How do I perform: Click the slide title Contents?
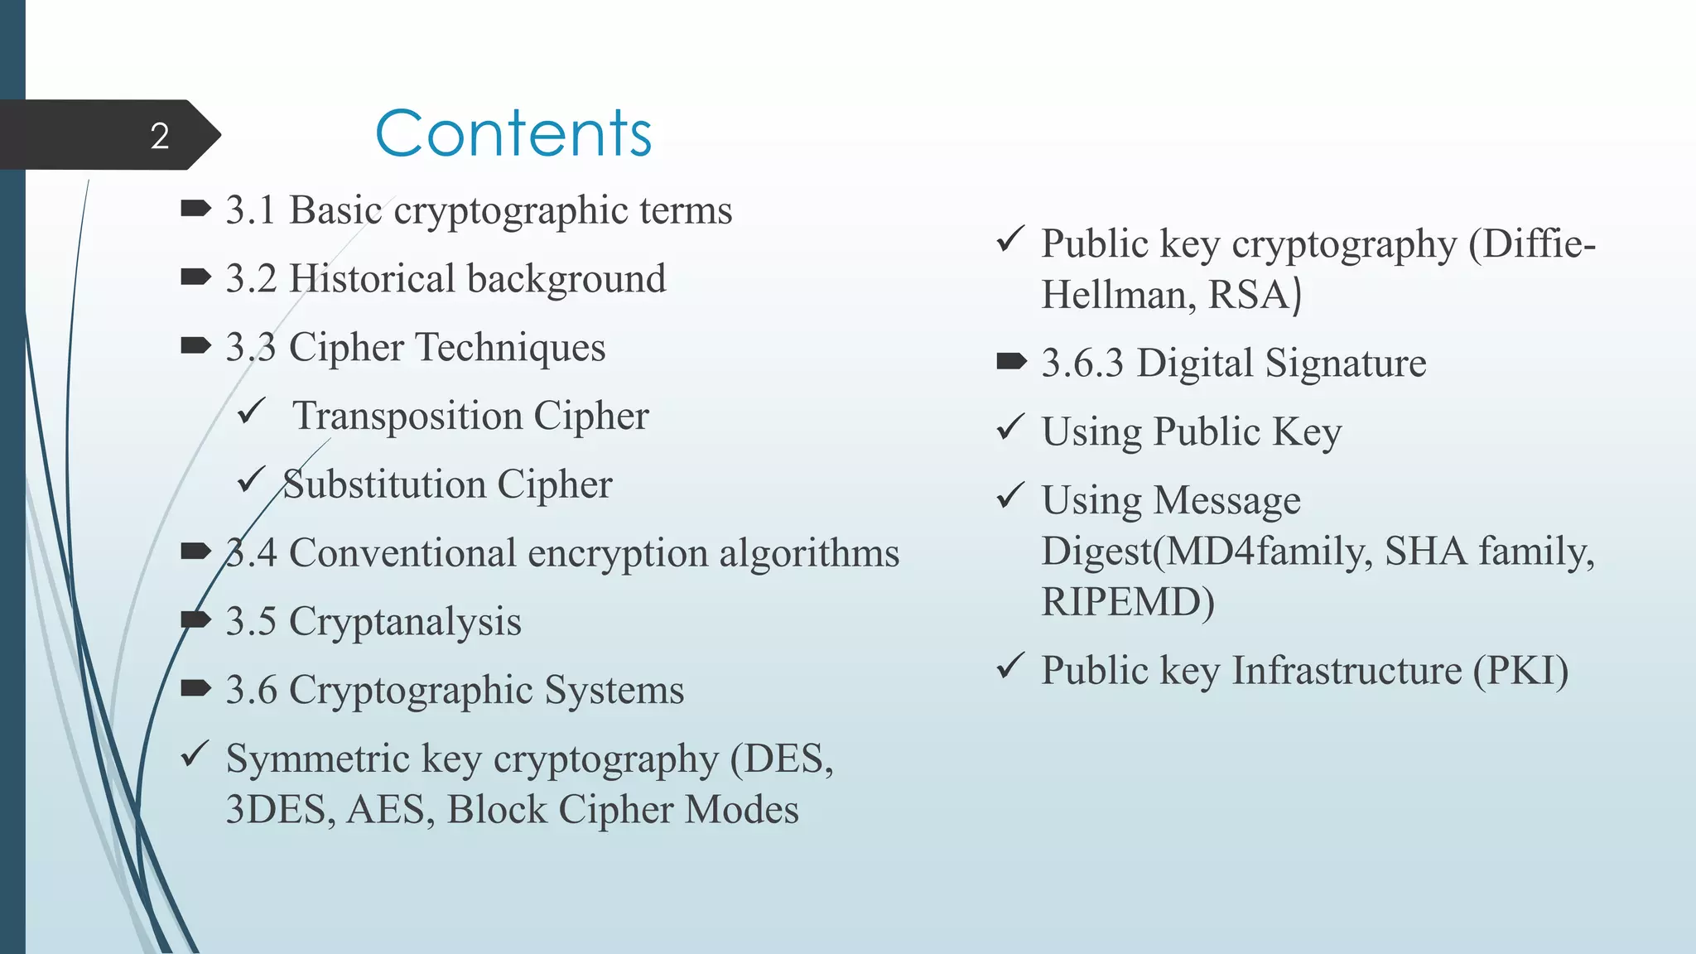[513, 133]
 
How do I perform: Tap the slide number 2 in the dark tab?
[160, 136]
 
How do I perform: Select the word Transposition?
[407, 416]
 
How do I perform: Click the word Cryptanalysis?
[405, 622]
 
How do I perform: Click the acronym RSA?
[1249, 295]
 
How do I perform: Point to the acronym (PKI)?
[1520, 671]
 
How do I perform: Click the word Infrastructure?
[1347, 671]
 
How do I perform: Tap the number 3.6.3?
[1082, 364]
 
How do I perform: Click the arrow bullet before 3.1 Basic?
[195, 210]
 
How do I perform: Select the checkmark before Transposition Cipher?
[251, 411]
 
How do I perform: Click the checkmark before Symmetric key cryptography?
[195, 754]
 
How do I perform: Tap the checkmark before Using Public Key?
[1010, 427]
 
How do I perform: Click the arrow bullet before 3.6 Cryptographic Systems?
[195, 689]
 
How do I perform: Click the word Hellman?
[1112, 295]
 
